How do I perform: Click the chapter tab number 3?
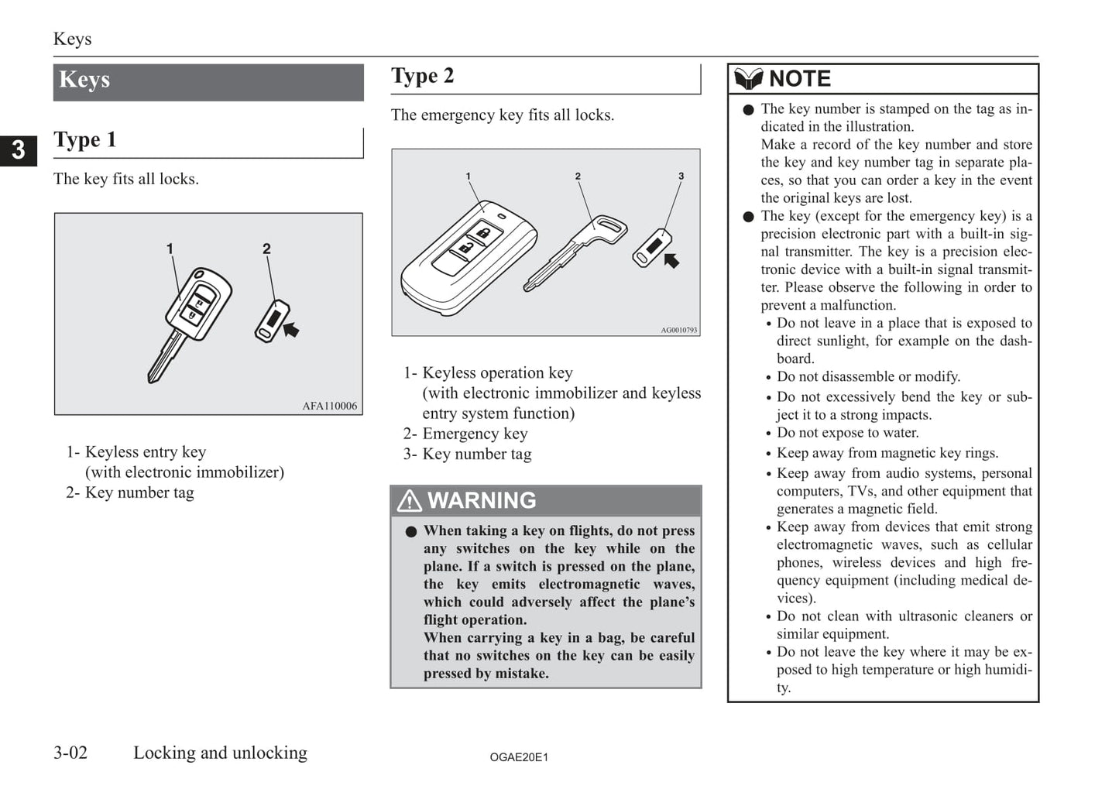coord(18,149)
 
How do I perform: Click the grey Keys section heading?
coord(85,81)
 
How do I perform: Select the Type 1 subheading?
coord(85,140)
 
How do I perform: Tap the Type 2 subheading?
coord(423,76)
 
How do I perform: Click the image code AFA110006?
coord(330,406)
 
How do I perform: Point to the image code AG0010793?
coord(678,330)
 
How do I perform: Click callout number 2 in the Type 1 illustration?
coord(266,249)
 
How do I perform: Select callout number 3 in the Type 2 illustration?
coord(681,177)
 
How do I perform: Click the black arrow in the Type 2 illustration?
coord(671,260)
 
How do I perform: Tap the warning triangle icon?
coord(409,501)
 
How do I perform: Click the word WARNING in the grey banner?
coord(482,501)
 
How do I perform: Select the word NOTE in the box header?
coord(800,79)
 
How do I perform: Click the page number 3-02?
coord(70,753)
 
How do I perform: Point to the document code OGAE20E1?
coord(519,757)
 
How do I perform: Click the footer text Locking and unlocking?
coord(220,753)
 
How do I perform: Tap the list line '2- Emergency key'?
coord(465,434)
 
